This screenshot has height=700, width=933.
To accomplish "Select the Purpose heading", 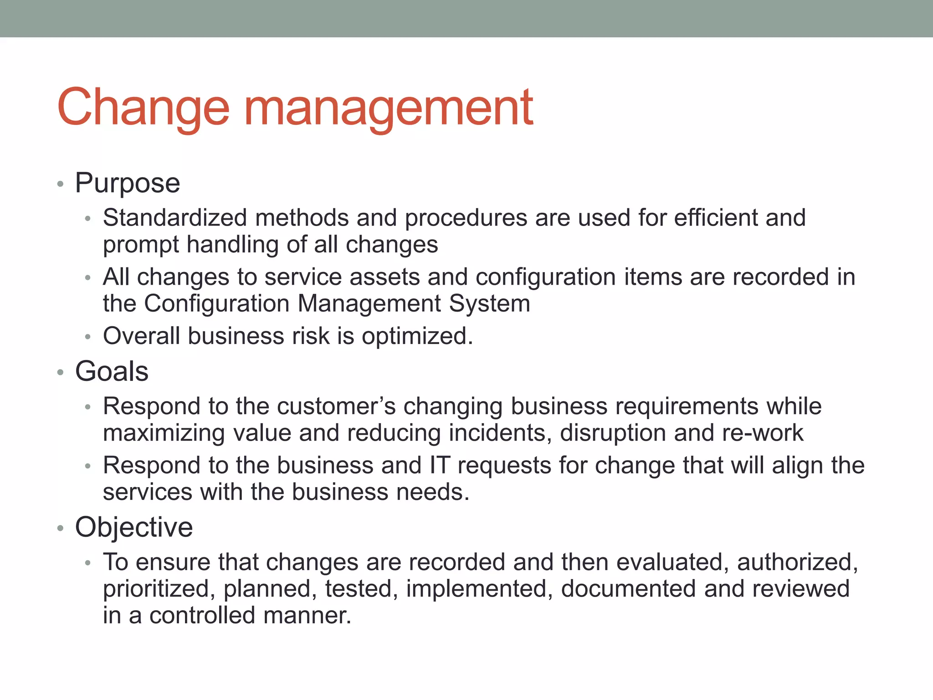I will pyautogui.click(x=128, y=183).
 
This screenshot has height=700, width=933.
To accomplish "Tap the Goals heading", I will pyautogui.click(x=112, y=371).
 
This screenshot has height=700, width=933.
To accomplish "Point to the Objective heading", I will pyautogui.click(x=134, y=527).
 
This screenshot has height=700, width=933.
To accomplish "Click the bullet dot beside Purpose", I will pyautogui.click(x=60, y=185).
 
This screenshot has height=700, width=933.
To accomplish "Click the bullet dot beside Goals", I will pyautogui.click(x=60, y=373).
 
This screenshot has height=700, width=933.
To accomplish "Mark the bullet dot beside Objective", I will pyautogui.click(x=60, y=529).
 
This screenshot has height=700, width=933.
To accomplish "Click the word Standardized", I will pyautogui.click(x=175, y=217).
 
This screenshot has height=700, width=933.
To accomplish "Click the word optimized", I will pyautogui.click(x=417, y=336).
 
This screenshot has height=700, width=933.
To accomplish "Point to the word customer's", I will pyautogui.click(x=336, y=406).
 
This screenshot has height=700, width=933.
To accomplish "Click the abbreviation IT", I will pyautogui.click(x=440, y=465).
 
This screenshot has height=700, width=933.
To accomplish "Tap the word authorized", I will pyautogui.click(x=797, y=562).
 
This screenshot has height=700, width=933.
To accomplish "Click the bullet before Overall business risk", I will pyautogui.click(x=88, y=337).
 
